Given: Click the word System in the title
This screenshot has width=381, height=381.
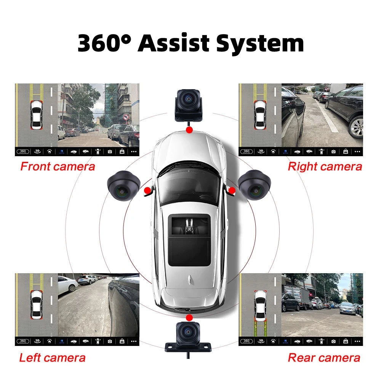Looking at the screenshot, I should (x=260, y=44).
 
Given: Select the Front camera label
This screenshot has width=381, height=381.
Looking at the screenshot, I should (x=58, y=166).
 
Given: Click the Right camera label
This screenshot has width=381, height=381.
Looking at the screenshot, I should (x=325, y=166).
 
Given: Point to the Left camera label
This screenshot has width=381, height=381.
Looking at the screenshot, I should (x=52, y=358).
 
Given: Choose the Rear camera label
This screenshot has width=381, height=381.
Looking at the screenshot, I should (x=324, y=358).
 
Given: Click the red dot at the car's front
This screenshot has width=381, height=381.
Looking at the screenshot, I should (x=189, y=130).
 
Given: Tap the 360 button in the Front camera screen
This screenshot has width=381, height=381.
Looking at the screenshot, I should (x=22, y=151).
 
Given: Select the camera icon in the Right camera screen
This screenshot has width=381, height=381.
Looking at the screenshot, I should (x=333, y=151).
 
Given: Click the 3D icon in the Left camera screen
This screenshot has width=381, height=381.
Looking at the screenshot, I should (x=37, y=341).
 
